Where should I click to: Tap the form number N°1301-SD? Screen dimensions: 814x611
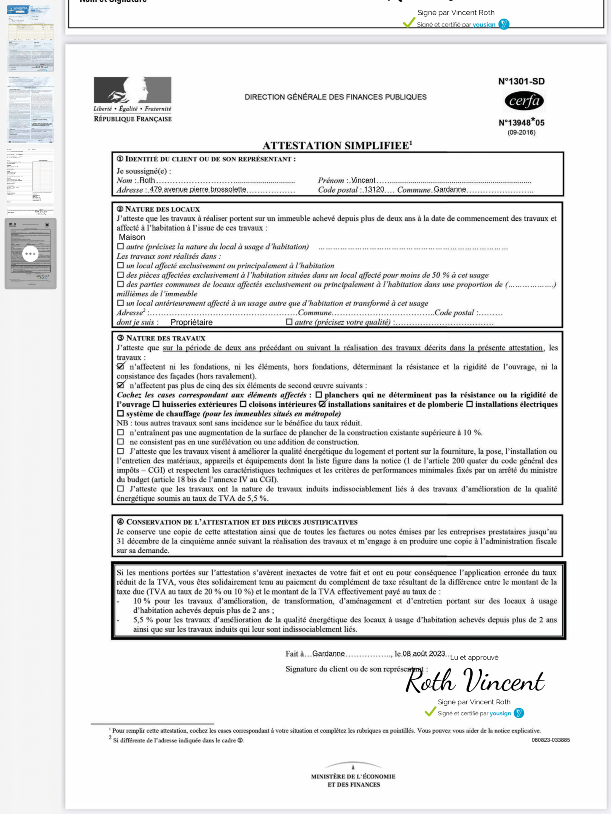[x=521, y=81]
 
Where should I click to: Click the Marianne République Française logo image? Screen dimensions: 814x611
[x=132, y=90]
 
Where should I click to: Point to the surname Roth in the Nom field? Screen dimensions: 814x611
[x=147, y=180]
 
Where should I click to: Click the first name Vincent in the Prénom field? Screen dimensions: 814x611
[x=363, y=180]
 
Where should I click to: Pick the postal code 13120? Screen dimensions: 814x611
[x=374, y=190]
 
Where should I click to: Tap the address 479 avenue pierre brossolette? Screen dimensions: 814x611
[x=198, y=190]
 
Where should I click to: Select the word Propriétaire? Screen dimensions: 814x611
[x=192, y=322]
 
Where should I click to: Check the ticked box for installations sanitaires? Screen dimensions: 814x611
[x=322, y=404]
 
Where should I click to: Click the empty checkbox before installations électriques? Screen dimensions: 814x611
[x=470, y=404]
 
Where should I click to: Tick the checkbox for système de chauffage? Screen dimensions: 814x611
[x=120, y=414]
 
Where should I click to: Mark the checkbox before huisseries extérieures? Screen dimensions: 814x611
[x=156, y=404]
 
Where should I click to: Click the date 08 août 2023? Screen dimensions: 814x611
[x=423, y=653]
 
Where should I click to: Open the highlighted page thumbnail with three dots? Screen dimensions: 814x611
[x=31, y=254]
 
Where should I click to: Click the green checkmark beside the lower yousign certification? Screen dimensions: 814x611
[x=430, y=712]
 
